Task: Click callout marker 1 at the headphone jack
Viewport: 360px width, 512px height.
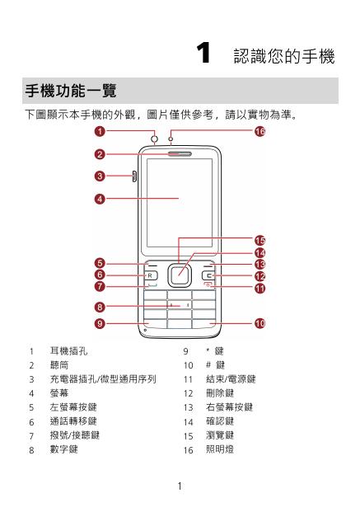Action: click(100, 131)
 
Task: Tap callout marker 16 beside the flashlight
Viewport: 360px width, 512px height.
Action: click(259, 131)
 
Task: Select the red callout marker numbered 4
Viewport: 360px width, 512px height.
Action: click(100, 199)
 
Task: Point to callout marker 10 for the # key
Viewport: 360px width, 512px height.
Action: click(259, 323)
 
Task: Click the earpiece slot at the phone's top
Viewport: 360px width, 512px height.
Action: click(180, 154)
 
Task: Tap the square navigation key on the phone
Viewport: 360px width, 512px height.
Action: click(179, 275)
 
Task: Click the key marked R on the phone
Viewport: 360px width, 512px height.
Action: click(151, 275)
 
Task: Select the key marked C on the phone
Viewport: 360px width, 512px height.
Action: click(208, 276)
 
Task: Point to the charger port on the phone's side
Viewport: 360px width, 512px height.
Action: click(134, 176)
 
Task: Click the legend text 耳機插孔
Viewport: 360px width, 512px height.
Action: click(68, 351)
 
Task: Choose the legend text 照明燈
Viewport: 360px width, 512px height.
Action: click(220, 449)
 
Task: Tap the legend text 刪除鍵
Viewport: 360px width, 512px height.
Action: click(220, 393)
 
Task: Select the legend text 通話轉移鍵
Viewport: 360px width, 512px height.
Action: click(73, 421)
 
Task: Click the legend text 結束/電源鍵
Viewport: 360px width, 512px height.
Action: click(231, 379)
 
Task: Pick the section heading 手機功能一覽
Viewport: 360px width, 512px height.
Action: click(71, 91)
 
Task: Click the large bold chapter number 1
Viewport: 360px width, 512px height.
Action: click(203, 53)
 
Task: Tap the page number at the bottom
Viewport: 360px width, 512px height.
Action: click(180, 486)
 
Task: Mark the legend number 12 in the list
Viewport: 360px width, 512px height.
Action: click(189, 393)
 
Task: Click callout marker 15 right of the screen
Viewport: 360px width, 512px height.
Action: click(259, 241)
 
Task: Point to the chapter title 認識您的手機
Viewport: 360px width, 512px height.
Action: click(284, 56)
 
